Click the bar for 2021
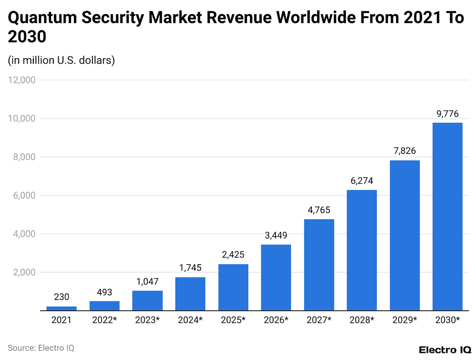[x=61, y=308]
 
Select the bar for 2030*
[x=447, y=216]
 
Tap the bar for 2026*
[x=276, y=277]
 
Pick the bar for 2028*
[x=362, y=250]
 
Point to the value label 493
[x=104, y=292]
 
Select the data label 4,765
[x=319, y=210]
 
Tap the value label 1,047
[x=147, y=281]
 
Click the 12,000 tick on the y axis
[x=22, y=80]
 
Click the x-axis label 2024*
[x=190, y=320]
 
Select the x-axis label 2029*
[x=404, y=320]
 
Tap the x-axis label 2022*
[x=104, y=320]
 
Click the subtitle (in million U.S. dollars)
[x=61, y=60]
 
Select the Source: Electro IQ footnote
[x=41, y=348]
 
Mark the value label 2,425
[x=233, y=255]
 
